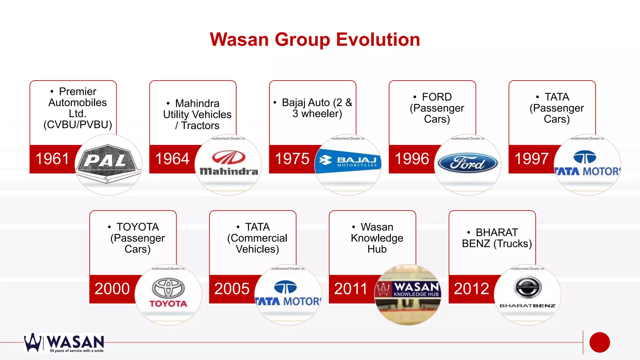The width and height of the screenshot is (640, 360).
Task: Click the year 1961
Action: (x=52, y=159)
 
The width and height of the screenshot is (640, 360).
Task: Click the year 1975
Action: (x=292, y=159)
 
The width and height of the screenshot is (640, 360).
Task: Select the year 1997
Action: (x=531, y=159)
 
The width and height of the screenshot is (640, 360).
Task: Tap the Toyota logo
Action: (x=168, y=293)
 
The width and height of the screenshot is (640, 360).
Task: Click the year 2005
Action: (x=232, y=289)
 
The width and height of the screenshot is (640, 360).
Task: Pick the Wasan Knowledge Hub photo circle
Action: (x=408, y=294)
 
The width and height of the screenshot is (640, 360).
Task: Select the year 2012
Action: (x=471, y=289)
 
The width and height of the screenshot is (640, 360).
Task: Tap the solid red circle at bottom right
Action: (x=599, y=342)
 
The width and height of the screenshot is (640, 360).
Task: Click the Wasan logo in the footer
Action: (x=64, y=343)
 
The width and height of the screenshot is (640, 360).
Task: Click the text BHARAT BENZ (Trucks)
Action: (x=497, y=238)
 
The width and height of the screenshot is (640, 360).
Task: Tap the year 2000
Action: (x=112, y=289)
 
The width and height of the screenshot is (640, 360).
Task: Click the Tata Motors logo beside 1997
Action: (x=587, y=164)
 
